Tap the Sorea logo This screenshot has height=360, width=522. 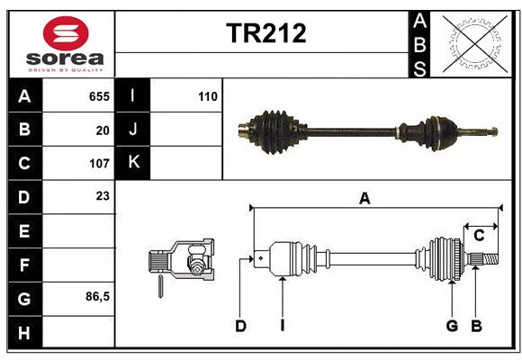tap(66, 45)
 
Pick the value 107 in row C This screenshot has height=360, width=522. tap(99, 164)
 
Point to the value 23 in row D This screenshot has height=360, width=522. tap(103, 195)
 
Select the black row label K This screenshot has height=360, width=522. tap(133, 163)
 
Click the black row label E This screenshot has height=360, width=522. tap(24, 231)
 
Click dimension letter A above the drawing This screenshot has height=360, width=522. tap(364, 199)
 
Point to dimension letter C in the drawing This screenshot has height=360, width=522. tap(479, 236)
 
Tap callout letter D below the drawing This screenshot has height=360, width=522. tap(240, 326)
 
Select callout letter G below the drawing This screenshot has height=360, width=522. tap(452, 326)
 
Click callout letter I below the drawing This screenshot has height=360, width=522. tap(282, 326)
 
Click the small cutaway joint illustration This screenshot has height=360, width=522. tap(182, 262)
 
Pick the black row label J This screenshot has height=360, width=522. tap(133, 130)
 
